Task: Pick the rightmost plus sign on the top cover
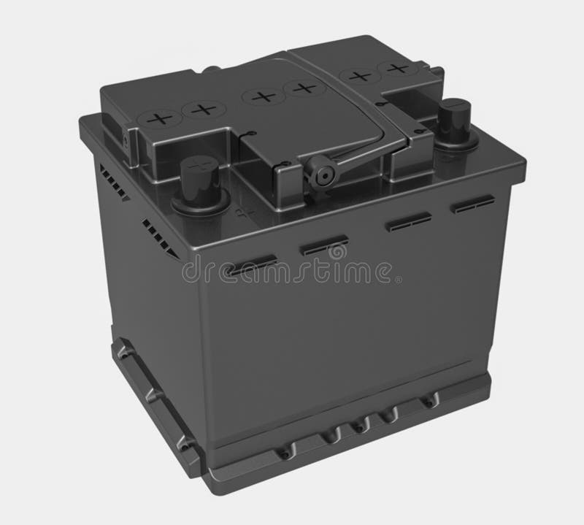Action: pyautogui.click(x=398, y=69)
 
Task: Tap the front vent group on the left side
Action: pyautogui.click(x=160, y=237)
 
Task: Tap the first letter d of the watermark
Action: pyautogui.click(x=191, y=272)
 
